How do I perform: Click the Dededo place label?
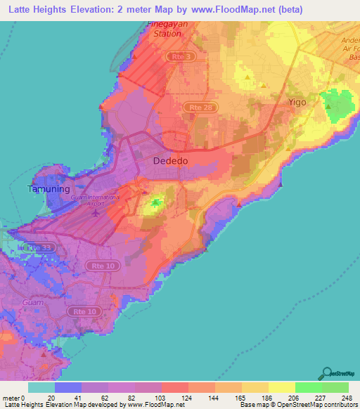[x=170, y=161]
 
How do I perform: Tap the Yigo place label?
[x=297, y=103]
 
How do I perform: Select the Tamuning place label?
[x=48, y=189]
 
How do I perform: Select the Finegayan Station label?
[x=163, y=28]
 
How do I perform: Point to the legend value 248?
[x=347, y=398]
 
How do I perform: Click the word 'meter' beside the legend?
[x=11, y=398]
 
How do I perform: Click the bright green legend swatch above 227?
[x=307, y=387]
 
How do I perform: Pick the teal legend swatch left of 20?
[x=41, y=387]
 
